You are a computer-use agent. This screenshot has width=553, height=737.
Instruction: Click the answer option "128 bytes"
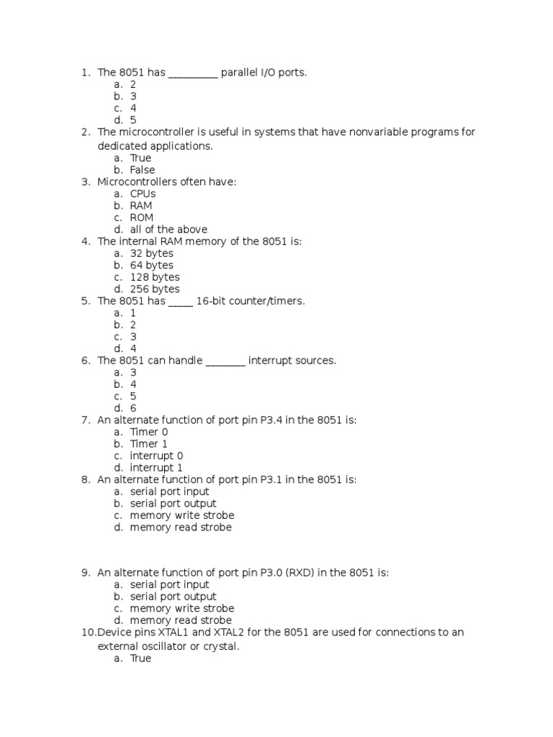pos(155,277)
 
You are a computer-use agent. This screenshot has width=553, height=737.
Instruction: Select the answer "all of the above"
pos(168,230)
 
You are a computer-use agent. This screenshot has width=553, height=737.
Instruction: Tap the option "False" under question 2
pos(143,170)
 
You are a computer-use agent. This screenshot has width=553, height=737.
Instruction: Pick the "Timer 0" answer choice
pos(149,432)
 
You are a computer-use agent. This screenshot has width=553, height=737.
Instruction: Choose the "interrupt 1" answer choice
pos(156,468)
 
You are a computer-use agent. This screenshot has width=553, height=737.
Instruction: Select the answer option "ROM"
pos(142,217)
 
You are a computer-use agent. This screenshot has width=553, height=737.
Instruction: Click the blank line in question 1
pos(193,73)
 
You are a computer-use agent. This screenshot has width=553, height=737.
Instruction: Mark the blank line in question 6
pos(226,361)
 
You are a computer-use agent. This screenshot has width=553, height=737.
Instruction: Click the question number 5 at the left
pos(85,301)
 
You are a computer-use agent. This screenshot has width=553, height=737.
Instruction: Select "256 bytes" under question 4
pos(155,289)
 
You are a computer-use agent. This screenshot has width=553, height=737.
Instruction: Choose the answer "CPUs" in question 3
pos(143,194)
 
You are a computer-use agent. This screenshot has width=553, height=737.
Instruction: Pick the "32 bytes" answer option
pos(152,253)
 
